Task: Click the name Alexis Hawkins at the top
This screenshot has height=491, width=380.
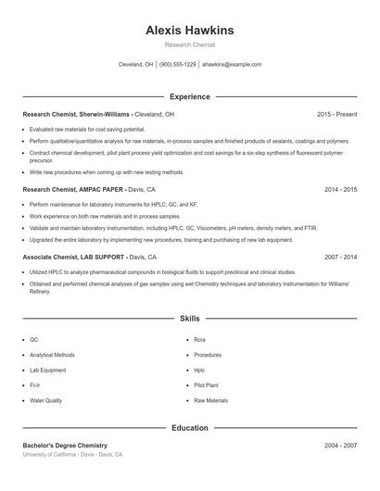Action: pyautogui.click(x=190, y=31)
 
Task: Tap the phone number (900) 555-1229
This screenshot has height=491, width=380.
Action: pyautogui.click(x=178, y=65)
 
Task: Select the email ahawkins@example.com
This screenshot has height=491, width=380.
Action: pyautogui.click(x=232, y=65)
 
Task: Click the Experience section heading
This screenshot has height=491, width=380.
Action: pyautogui.click(x=190, y=96)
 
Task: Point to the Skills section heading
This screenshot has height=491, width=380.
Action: pyautogui.click(x=190, y=318)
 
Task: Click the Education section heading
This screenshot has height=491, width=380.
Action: pyautogui.click(x=190, y=428)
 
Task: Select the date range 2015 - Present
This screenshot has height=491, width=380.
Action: pyautogui.click(x=336, y=114)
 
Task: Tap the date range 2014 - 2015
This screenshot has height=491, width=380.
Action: pyautogui.click(x=340, y=189)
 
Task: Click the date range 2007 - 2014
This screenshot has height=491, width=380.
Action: pyautogui.click(x=340, y=257)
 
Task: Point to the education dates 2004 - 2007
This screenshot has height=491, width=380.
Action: pyautogui.click(x=340, y=446)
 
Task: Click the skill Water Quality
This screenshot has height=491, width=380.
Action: pyautogui.click(x=46, y=400)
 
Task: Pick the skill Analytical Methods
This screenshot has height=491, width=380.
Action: pyautogui.click(x=53, y=355)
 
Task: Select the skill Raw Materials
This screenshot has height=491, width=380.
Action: pyautogui.click(x=210, y=400)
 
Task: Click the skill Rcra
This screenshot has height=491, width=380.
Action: pyautogui.click(x=200, y=340)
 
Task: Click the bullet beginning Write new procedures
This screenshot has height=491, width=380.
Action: pyautogui.click(x=107, y=171)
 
